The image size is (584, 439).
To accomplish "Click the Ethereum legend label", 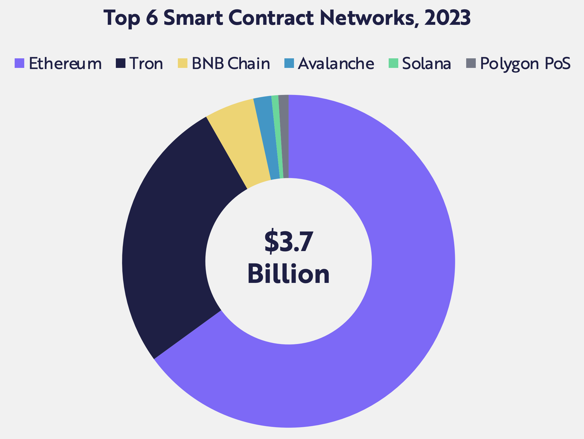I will tap(65, 64).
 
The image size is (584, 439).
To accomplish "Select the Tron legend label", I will tap(146, 64).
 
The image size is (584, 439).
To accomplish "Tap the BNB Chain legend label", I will tap(231, 64).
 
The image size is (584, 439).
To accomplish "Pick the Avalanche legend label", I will tap(336, 64).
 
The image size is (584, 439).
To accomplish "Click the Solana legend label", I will tap(427, 64).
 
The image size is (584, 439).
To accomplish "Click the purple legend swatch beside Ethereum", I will tap(19, 63).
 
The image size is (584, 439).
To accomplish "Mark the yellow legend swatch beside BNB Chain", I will tap(182, 63).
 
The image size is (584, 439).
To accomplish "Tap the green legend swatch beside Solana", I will tap(393, 63).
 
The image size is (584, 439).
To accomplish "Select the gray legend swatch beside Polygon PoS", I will tap(471, 63).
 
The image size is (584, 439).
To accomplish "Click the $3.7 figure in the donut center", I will tap(289, 242).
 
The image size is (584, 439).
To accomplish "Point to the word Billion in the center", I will tap(289, 274).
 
